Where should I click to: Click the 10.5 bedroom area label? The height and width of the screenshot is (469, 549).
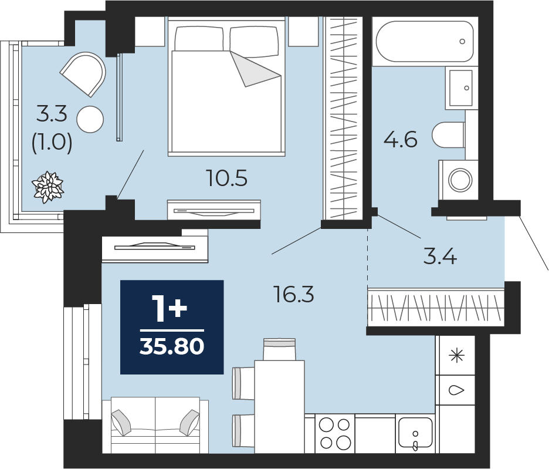[227, 178]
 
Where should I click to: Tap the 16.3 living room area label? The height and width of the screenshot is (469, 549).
[294, 294]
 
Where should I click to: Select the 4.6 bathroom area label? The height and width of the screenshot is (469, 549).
[401, 139]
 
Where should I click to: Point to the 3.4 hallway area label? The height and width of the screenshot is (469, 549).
[440, 256]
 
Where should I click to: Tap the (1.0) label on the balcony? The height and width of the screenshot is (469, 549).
[52, 143]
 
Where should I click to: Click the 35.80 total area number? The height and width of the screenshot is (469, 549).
[171, 347]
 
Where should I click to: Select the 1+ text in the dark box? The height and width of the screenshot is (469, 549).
[170, 309]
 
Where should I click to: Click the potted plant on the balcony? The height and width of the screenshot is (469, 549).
[48, 187]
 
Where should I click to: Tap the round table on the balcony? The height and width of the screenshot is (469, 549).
[90, 119]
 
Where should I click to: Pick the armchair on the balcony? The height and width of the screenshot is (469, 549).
[84, 74]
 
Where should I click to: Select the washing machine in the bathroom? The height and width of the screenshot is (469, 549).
[458, 180]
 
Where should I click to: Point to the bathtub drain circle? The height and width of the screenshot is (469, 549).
[462, 41]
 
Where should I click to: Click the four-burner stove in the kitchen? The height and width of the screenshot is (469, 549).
[335, 433]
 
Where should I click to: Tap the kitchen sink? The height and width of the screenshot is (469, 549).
[415, 433]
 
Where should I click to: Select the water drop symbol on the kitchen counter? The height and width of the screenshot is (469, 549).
[456, 390]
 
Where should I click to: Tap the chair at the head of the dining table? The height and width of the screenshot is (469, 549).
[279, 349]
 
